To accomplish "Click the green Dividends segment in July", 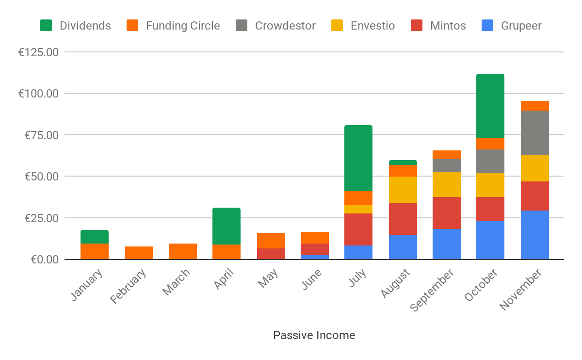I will pyautogui.click(x=358, y=158).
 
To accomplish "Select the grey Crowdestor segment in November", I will pyautogui.click(x=535, y=133).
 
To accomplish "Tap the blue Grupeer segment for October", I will pyautogui.click(x=490, y=240).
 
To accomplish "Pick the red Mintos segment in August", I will pyautogui.click(x=403, y=219).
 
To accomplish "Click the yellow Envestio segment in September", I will pyautogui.click(x=447, y=184).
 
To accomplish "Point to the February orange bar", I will pyautogui.click(x=139, y=253).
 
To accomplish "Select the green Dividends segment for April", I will pyautogui.click(x=226, y=226).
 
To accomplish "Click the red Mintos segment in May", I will pyautogui.click(x=271, y=254).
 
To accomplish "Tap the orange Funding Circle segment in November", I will pyautogui.click(x=535, y=106).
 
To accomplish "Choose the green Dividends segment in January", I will pyautogui.click(x=95, y=237).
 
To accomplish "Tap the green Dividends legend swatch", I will pyautogui.click(x=46, y=26).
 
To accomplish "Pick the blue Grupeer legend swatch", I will pyautogui.click(x=488, y=26).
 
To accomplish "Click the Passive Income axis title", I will pyautogui.click(x=314, y=335).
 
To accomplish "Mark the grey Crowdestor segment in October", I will pyautogui.click(x=490, y=161).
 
